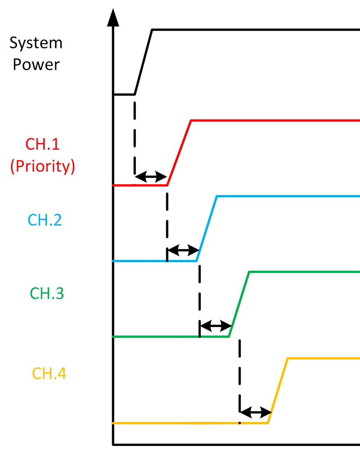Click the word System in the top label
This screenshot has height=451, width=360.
pos(36,44)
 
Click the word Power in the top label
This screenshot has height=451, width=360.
pos(36,64)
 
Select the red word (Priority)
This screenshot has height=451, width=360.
pos(42,166)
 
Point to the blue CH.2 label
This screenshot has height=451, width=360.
pos(45,220)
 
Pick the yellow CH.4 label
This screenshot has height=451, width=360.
pos(49,373)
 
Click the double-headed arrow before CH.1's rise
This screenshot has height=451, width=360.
pos(151,177)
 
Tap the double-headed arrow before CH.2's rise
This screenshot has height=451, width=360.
pos(183,250)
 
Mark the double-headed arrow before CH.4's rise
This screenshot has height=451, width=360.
pos(255,411)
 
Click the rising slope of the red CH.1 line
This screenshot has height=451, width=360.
pos(179,153)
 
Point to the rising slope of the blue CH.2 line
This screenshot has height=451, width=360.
pos(207,228)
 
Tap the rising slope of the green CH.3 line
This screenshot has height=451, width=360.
pos(239,304)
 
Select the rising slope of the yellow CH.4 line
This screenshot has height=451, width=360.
pos(278,390)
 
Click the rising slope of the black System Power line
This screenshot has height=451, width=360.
pos(144,62)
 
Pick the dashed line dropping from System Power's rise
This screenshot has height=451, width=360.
pos(135,135)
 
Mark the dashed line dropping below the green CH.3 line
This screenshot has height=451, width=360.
pos(239,373)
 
